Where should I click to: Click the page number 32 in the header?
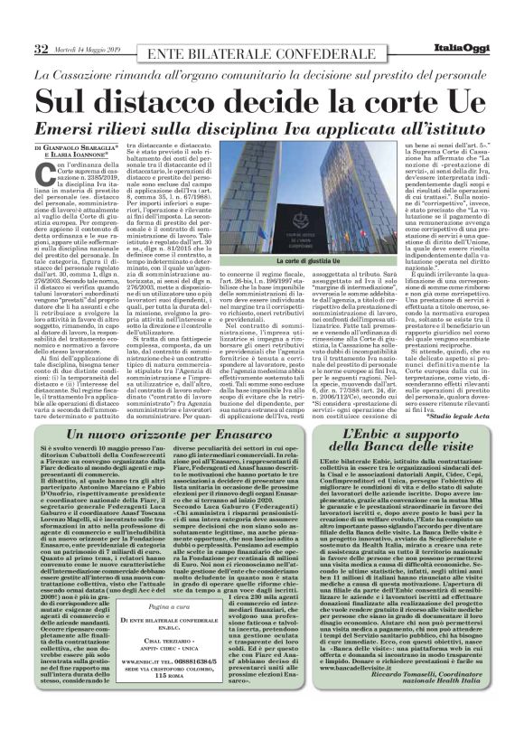(41, 48)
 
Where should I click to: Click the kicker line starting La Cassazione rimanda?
(261, 72)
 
